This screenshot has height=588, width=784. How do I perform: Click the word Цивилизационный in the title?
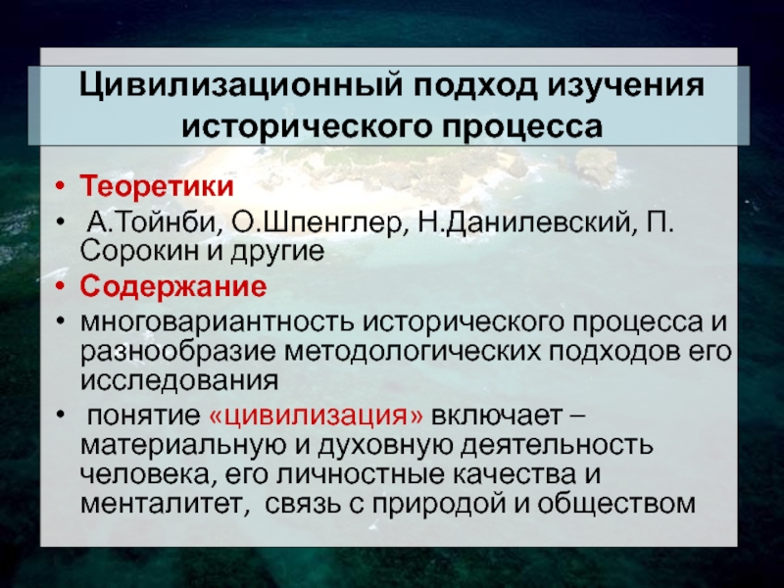tap(240, 86)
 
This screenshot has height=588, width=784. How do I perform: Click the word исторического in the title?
tap(306, 127)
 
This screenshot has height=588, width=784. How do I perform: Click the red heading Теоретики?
tap(157, 185)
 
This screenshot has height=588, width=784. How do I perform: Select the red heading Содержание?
tap(173, 287)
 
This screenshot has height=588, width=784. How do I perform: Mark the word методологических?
tap(413, 353)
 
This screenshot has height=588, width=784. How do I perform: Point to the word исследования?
tap(179, 381)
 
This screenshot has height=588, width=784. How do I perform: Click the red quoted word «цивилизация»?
tap(316, 416)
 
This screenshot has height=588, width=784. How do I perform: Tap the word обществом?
tap(616, 504)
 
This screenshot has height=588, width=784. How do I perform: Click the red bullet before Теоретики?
tap(60, 186)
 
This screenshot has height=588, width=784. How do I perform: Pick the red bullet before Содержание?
tap(60, 287)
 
